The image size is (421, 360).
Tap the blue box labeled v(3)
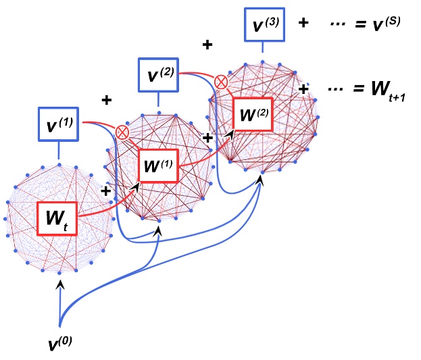pyautogui.click(x=263, y=26)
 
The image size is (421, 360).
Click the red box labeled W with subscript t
pyautogui.click(x=59, y=219)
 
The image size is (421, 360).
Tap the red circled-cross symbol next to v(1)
pyautogui.click(x=122, y=132)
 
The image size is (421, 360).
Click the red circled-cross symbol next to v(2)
pyautogui.click(x=220, y=82)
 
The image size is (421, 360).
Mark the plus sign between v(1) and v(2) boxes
pyautogui.click(x=105, y=101)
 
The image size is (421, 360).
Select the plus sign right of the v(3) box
pyautogui.click(x=303, y=23)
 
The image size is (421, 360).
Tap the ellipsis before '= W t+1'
pyautogui.click(x=336, y=89)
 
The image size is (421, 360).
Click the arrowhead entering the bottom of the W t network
pyautogui.click(x=60, y=286)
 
